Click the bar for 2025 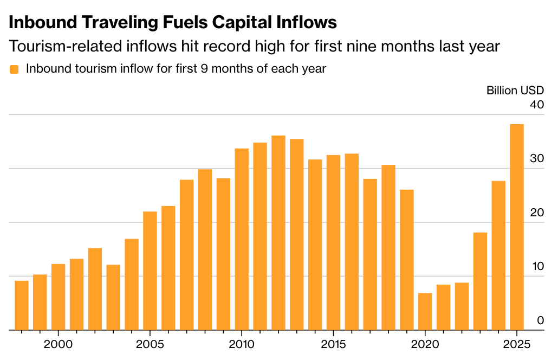[x=516, y=227]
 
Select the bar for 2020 [x=425, y=312]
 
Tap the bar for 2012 [x=278, y=233]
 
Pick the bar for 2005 [x=150, y=271]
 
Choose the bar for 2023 [x=480, y=281]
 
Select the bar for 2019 [x=407, y=260]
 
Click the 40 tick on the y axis [x=537, y=105]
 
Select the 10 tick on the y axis [x=537, y=267]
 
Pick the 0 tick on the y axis [x=540, y=321]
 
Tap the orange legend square [x=15, y=69]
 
